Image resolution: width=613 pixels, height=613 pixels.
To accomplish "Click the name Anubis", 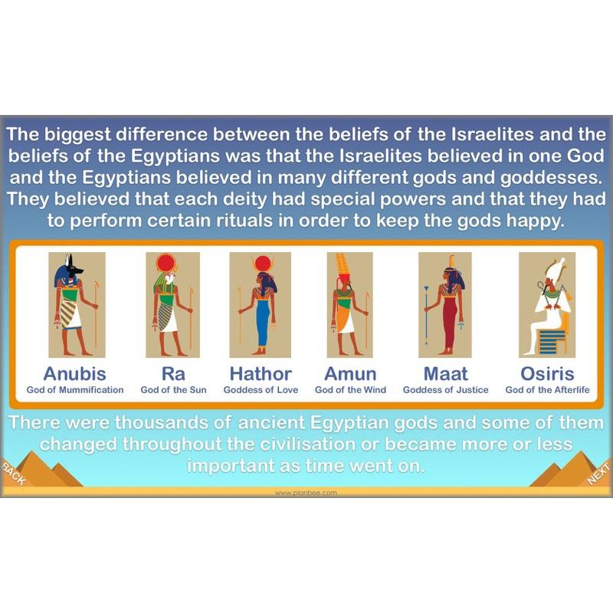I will [75, 374].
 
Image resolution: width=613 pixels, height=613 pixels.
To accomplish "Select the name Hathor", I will [261, 374].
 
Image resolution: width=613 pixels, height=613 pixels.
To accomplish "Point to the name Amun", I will [350, 374].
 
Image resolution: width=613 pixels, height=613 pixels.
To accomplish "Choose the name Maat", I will [446, 374].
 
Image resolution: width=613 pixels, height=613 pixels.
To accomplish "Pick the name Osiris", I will [547, 374].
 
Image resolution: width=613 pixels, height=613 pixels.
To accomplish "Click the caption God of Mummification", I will [75, 390].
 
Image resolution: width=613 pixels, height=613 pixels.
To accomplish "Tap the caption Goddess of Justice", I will [446, 390].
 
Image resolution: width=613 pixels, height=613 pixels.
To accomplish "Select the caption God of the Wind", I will [350, 390].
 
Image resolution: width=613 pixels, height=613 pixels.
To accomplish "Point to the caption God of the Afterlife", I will [547, 390].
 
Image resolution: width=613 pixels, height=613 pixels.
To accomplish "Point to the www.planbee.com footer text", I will [306, 493].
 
